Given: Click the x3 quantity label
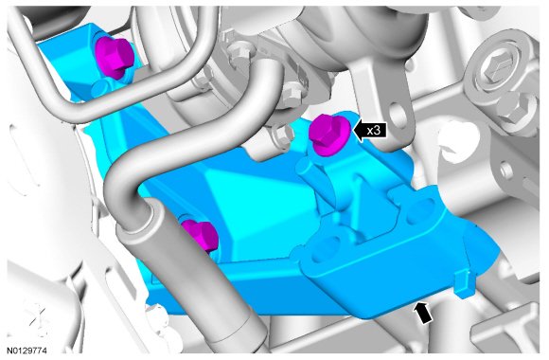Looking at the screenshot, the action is [x=374, y=131].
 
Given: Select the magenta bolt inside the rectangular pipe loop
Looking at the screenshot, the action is [x=115, y=58].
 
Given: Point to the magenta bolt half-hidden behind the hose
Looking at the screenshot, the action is [x=201, y=235].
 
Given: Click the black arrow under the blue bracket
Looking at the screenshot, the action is [x=422, y=313].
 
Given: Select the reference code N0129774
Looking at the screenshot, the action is [x=27, y=351].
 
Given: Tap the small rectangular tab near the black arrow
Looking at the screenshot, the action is [x=463, y=284].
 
